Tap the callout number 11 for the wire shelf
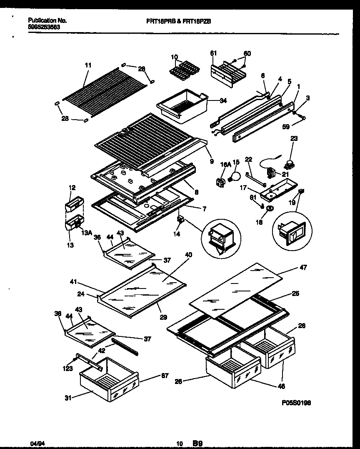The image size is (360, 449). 88,65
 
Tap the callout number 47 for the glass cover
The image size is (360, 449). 303,268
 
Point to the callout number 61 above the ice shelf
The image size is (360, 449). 213,53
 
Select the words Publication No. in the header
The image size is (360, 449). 47,20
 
